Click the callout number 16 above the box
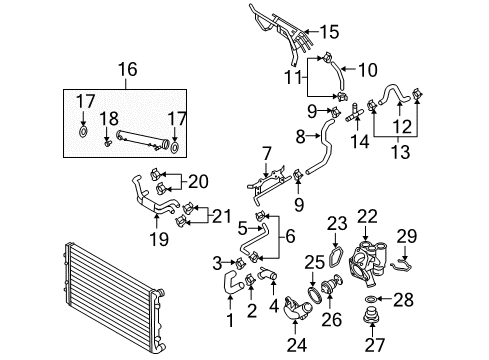coord(128,70)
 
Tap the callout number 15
coord(329,32)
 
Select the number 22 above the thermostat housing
coord(367,216)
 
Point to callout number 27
coord(375,345)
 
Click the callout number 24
coord(297,345)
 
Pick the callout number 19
coord(159,239)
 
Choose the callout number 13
coord(400,152)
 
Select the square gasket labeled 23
coord(335,258)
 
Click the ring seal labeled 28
coord(370,298)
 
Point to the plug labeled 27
coord(370,315)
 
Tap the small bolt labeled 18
coord(107,143)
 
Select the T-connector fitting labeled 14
coord(354,113)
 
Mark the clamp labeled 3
coord(240,264)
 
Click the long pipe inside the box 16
coord(141,140)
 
